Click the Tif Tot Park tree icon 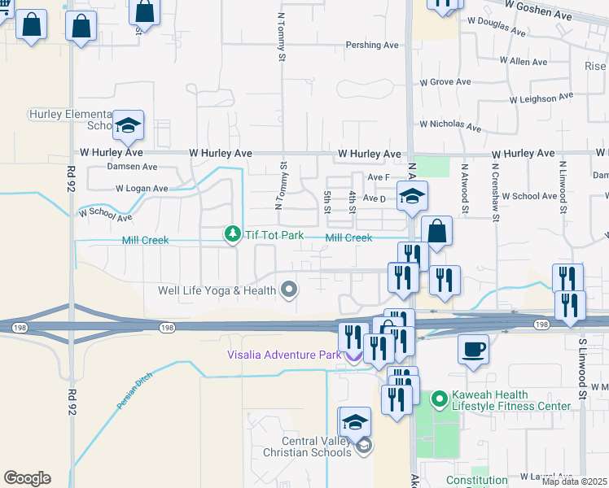pos(233,234)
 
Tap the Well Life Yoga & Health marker pos(288,290)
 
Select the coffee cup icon pos(473,349)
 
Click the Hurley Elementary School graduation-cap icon pos(128,125)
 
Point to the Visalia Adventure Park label pos(285,355)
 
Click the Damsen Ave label pos(132,167)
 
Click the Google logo pos(26,478)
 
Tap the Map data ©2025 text pos(575,481)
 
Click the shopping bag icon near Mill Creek pos(436,231)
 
